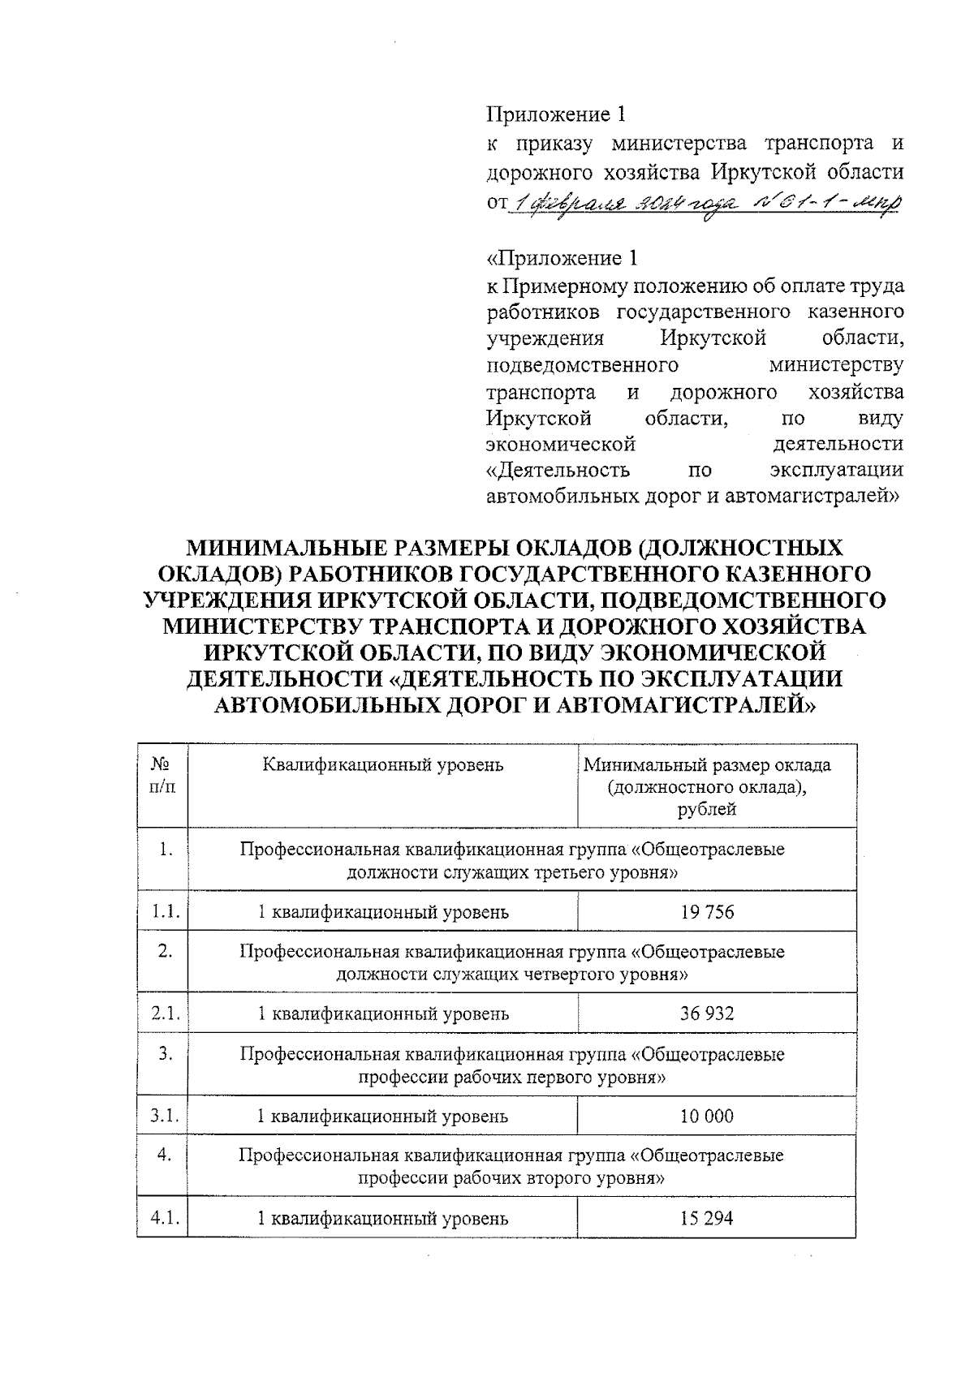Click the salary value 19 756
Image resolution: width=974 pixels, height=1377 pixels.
point(707,912)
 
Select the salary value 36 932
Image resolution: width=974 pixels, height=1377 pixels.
point(707,1013)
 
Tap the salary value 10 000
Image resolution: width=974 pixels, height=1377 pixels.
point(707,1116)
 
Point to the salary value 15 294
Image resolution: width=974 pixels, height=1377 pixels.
point(707,1218)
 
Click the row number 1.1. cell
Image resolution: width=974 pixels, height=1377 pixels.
point(165,912)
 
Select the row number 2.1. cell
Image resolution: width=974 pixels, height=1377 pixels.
point(165,1013)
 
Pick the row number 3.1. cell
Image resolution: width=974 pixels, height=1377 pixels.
point(165,1116)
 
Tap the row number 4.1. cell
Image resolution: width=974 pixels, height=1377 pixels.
point(165,1218)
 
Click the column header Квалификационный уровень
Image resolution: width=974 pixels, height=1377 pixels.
point(383,764)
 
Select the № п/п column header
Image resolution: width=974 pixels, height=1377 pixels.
point(163,775)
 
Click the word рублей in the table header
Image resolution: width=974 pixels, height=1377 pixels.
point(707,809)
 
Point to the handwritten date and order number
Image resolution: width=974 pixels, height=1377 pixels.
point(705,203)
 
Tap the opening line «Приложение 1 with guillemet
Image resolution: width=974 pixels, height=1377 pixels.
point(562,259)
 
